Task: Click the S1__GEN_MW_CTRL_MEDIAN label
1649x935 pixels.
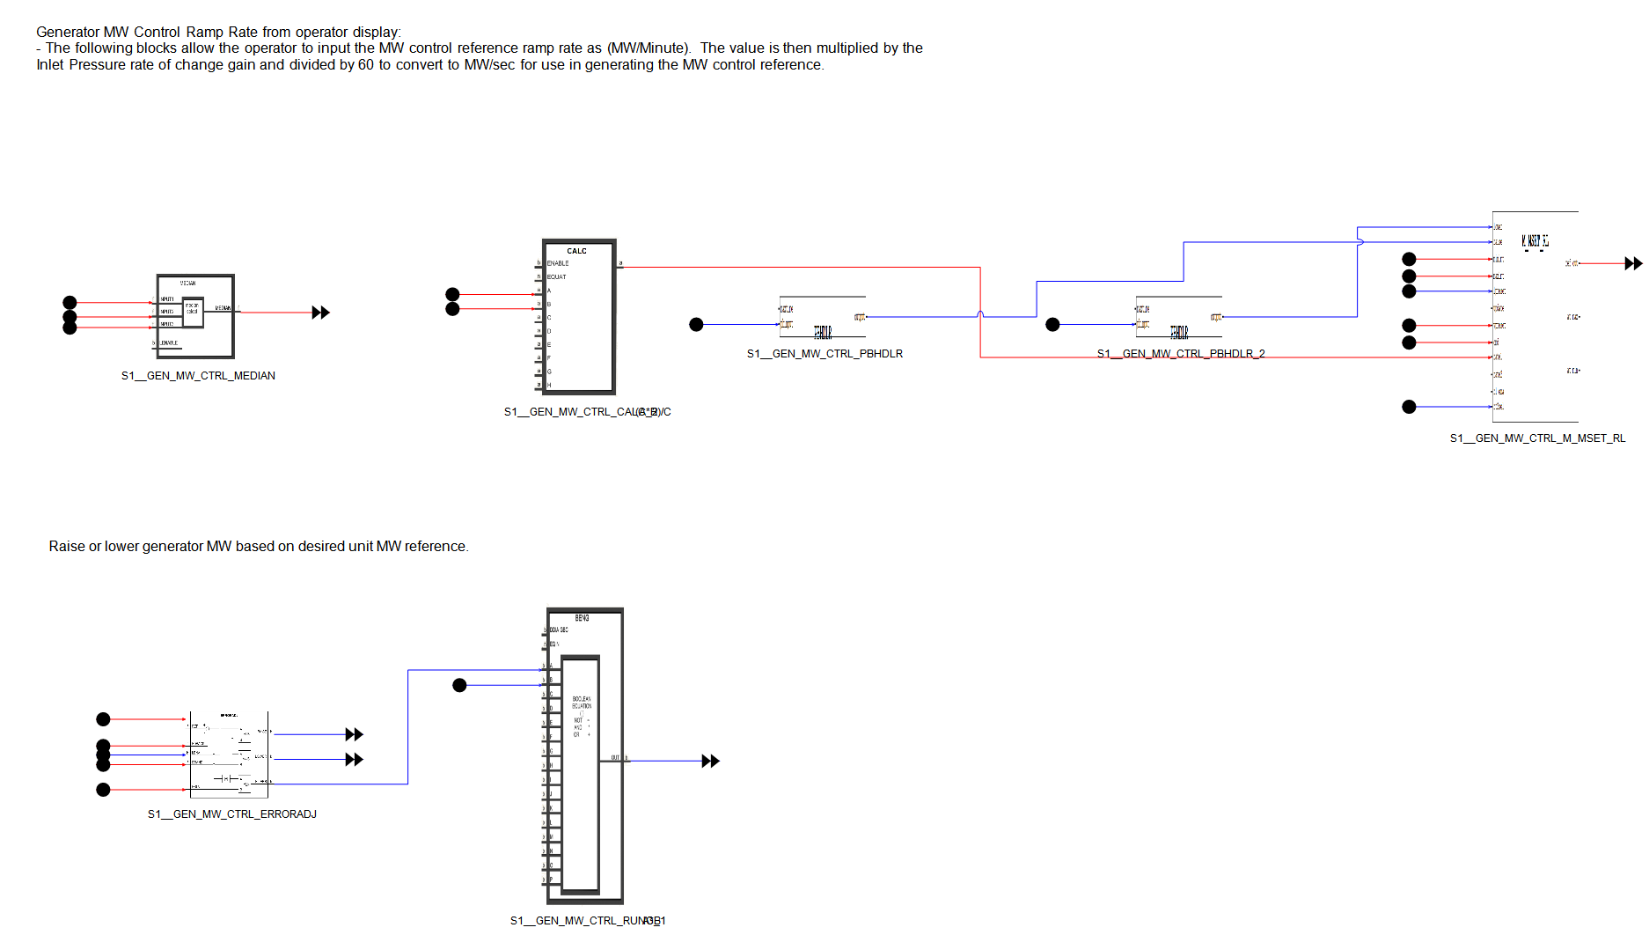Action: coord(198,376)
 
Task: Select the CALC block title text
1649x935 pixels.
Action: coord(576,251)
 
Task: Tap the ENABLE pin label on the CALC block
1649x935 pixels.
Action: coord(558,263)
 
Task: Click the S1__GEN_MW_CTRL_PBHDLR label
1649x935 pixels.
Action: coord(824,354)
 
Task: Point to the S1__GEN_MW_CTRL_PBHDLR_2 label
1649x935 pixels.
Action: coord(1180,354)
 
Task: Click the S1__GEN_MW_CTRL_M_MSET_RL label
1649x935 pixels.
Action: coord(1537,438)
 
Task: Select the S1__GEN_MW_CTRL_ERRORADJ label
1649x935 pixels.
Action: coord(231,814)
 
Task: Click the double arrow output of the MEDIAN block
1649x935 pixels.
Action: coord(320,313)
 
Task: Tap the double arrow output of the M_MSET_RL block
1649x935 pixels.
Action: coord(1633,263)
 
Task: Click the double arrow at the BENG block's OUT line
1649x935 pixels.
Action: coord(710,761)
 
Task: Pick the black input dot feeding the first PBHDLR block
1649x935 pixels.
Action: coord(696,325)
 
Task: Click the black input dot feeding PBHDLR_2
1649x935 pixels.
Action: coord(1052,325)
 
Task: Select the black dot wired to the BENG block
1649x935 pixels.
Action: coord(459,685)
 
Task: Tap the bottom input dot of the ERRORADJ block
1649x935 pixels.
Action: coord(103,790)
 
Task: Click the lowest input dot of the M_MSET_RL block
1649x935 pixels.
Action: coord(1409,407)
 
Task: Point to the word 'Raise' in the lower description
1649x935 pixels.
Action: coord(67,547)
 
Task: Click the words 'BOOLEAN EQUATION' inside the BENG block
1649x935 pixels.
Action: coord(582,703)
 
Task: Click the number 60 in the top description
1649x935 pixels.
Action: coord(366,65)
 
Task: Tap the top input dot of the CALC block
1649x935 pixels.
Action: coord(452,294)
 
